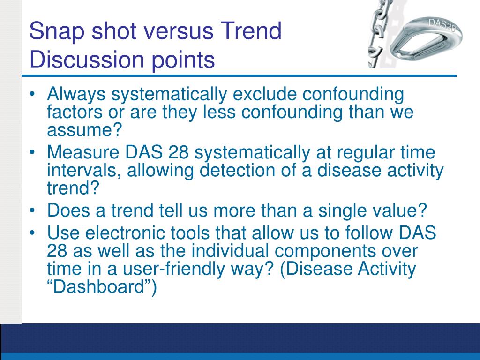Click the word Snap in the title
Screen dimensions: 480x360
57,31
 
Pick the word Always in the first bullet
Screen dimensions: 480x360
76,94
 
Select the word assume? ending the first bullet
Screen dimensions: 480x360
84,130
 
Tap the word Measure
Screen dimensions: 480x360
83,152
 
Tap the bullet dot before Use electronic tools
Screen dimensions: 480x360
32,233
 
